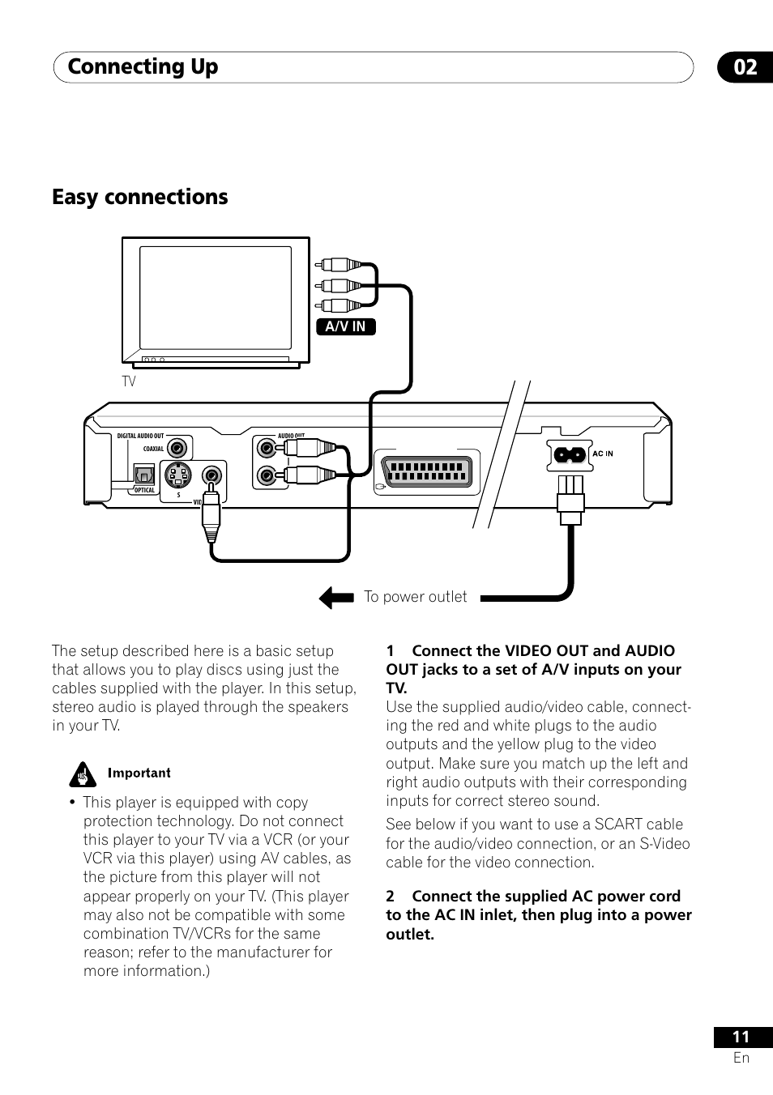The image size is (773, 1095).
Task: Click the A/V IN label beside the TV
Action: (345, 326)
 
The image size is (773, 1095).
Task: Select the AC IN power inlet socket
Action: (569, 454)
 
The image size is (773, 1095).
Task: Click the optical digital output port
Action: (144, 474)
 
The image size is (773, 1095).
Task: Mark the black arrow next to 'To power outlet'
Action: (336, 598)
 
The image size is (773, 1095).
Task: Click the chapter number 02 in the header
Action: (745, 67)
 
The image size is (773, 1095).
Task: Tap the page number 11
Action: (741, 1037)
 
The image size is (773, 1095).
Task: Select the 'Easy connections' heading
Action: (140, 197)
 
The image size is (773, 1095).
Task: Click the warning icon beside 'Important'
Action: (81, 774)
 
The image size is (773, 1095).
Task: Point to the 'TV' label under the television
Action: (129, 381)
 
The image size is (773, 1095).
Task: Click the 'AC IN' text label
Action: (603, 454)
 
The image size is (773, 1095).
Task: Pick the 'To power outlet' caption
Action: (415, 597)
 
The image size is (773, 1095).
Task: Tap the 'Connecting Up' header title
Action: (143, 67)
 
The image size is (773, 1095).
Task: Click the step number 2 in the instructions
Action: (391, 897)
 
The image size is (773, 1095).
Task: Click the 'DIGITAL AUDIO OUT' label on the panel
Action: (140, 436)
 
